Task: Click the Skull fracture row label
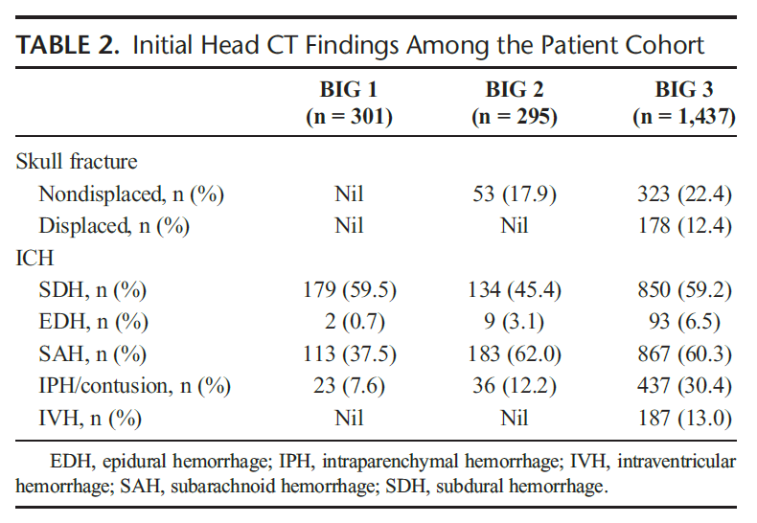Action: coord(77,161)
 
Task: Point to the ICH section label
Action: coord(34,258)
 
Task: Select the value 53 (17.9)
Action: coord(515,194)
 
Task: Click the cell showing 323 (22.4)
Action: coord(684,194)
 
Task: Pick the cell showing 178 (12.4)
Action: coord(684,227)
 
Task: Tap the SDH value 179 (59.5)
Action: coord(348,290)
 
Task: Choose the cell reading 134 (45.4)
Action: coord(515,290)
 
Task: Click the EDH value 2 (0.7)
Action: coord(348,322)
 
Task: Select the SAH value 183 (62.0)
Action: coord(515,354)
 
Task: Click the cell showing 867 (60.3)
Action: coord(684,354)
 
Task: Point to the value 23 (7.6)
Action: coord(348,386)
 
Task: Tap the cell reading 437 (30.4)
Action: coord(684,386)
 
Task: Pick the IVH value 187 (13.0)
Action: coord(684,419)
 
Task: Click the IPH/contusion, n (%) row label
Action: coord(135,386)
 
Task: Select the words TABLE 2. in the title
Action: coord(67,45)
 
